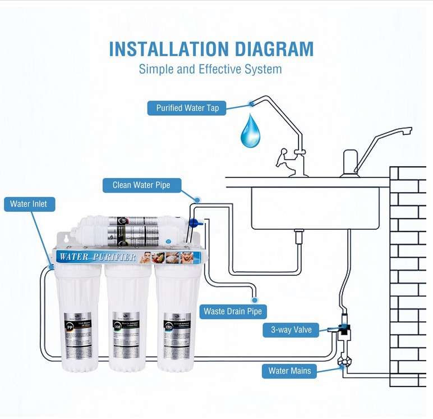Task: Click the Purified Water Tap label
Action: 187,108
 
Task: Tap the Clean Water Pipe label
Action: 141,185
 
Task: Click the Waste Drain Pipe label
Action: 232,311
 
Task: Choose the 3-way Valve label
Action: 291,330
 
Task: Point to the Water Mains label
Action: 289,371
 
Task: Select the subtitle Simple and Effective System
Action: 210,70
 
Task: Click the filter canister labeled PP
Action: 77,317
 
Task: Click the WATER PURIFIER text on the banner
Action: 96,257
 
